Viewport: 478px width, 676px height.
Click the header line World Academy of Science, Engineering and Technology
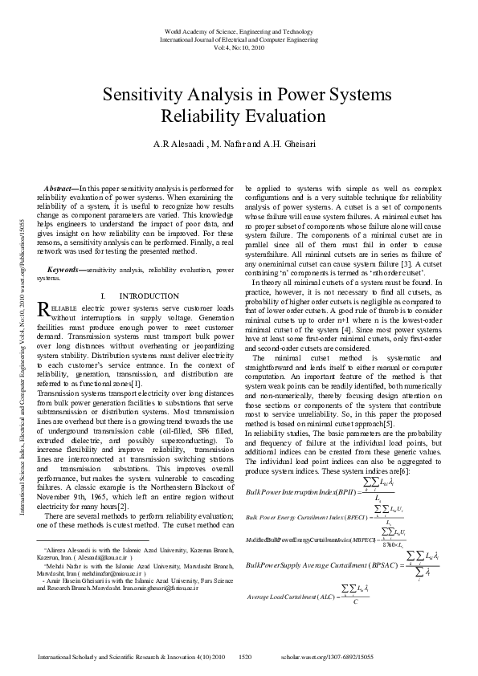point(239,30)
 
